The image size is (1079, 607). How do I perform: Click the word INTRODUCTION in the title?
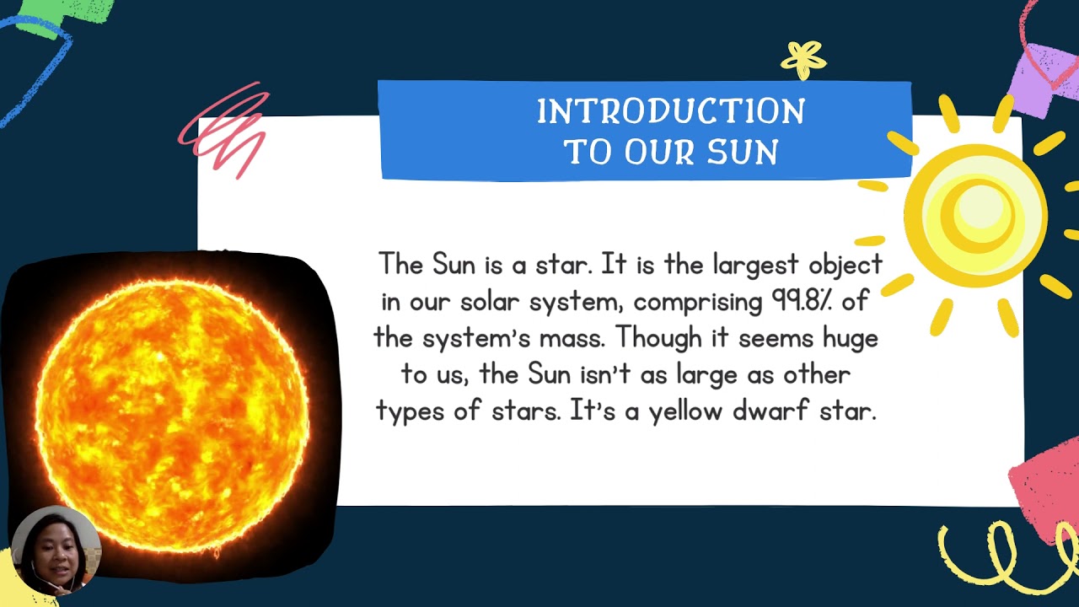coord(671,111)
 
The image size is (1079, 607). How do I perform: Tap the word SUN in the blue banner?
coord(742,153)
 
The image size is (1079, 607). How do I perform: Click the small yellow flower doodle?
coord(803,60)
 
